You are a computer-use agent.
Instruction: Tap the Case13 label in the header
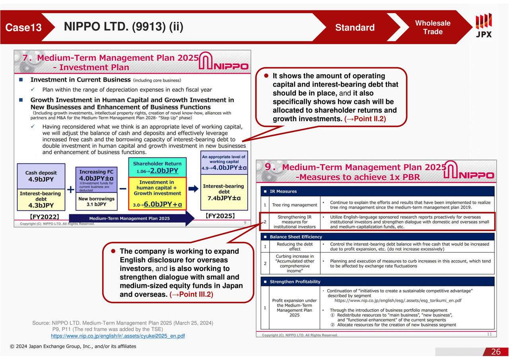pyautogui.click(x=23, y=27)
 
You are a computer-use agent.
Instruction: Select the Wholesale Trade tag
pyautogui.click(x=433, y=27)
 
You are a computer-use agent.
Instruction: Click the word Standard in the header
pyautogui.click(x=355, y=27)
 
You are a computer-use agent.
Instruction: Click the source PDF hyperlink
pyautogui.click(x=118, y=336)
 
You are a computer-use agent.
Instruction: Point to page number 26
pyautogui.click(x=496, y=352)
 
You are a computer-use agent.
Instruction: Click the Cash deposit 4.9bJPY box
pyautogui.click(x=41, y=176)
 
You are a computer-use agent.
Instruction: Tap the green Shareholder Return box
pyautogui.click(x=157, y=167)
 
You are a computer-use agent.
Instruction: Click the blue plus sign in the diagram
pyautogui.click(x=70, y=190)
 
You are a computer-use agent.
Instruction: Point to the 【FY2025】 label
pyautogui.click(x=220, y=216)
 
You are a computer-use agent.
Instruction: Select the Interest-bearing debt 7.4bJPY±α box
pyautogui.click(x=224, y=192)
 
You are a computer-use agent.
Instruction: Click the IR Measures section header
pyautogui.click(x=283, y=191)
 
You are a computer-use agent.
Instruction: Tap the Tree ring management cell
pyautogui.click(x=295, y=205)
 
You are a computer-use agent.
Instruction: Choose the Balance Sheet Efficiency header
pyautogui.click(x=296, y=237)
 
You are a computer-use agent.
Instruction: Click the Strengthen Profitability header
pyautogui.click(x=295, y=282)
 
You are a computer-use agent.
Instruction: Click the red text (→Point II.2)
pyautogui.click(x=365, y=119)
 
